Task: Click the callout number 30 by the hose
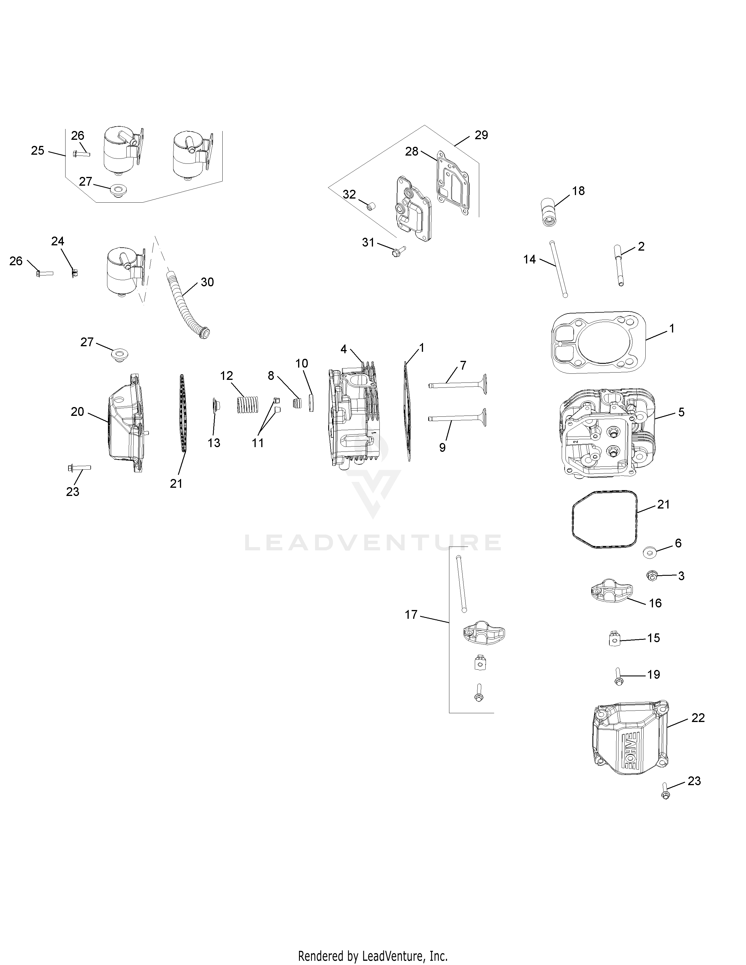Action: [207, 282]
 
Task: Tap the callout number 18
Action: [578, 191]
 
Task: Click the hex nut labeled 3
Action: [652, 575]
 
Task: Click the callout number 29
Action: [481, 135]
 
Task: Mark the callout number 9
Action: [442, 447]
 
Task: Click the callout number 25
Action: [37, 150]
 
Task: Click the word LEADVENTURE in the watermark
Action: [372, 542]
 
